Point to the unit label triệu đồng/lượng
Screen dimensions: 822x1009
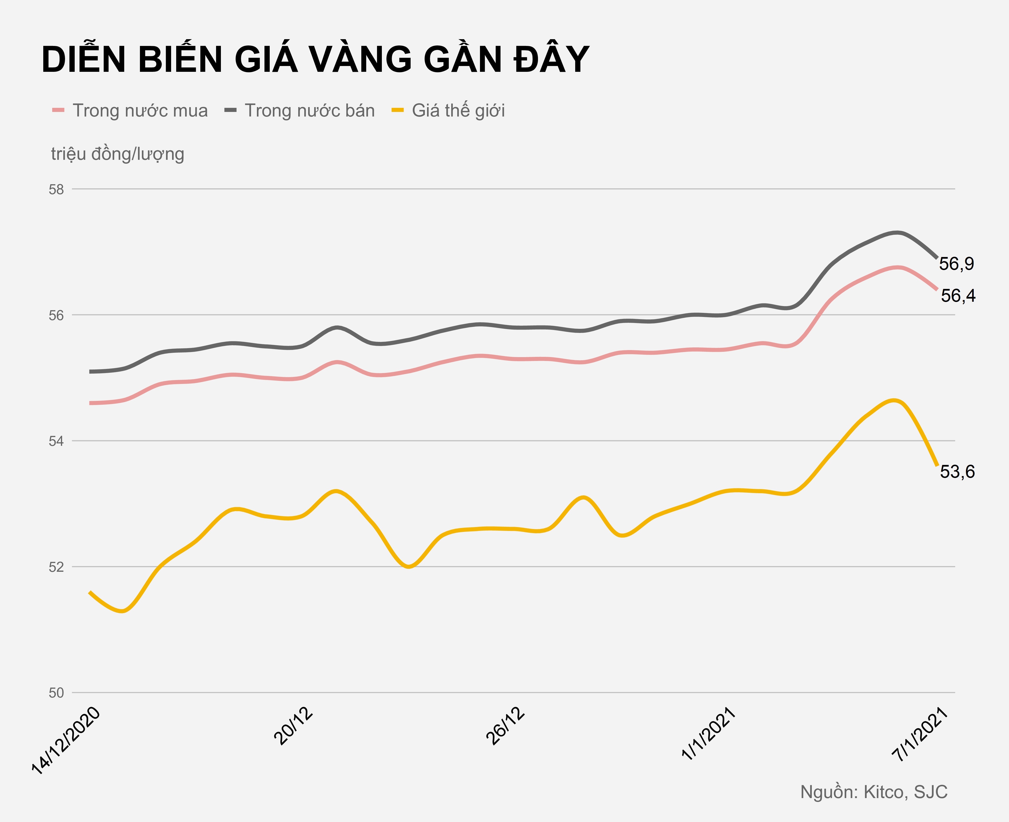[117, 154]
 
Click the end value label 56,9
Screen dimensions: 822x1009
[957, 264]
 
